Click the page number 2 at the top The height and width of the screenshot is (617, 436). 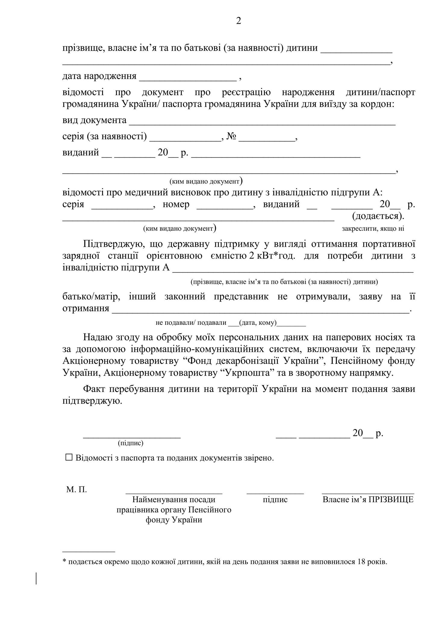point(238,21)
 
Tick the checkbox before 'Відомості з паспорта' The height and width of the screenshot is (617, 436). point(69,457)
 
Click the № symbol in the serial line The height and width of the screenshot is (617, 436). point(231,136)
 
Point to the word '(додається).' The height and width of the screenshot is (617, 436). point(378,216)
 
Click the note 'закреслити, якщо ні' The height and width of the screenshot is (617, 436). point(373,228)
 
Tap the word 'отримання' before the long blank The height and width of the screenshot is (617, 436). point(86,308)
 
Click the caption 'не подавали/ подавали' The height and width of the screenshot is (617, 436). point(191,323)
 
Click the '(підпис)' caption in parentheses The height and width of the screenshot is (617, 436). point(131,443)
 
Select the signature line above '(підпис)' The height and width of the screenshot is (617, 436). point(132,436)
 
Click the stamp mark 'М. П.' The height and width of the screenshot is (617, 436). point(76,490)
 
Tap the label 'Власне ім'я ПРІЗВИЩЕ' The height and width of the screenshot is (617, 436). point(368,500)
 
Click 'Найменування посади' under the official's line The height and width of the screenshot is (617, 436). point(174,500)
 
